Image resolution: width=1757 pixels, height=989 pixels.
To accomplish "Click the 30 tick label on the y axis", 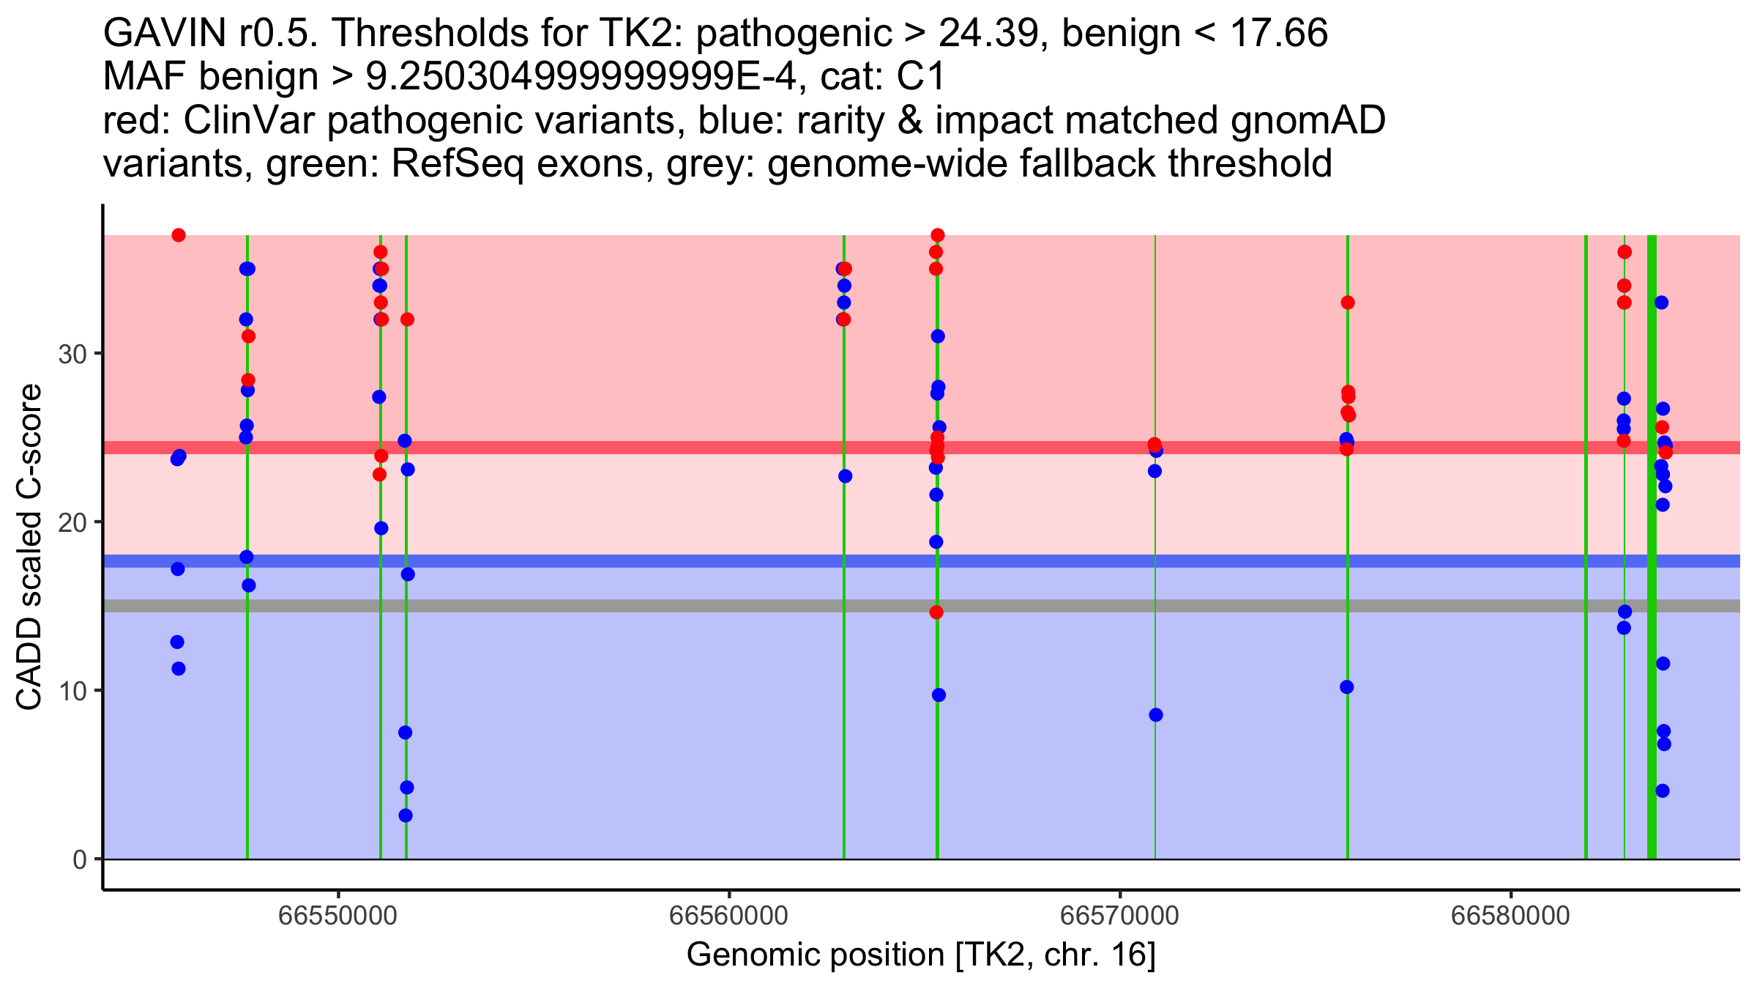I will (x=72, y=355).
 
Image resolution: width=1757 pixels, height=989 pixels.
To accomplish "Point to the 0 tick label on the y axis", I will (x=79, y=859).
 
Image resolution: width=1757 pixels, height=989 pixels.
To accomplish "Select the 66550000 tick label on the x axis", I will (x=339, y=916).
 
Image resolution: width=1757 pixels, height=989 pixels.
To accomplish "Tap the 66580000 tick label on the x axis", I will (x=1510, y=916).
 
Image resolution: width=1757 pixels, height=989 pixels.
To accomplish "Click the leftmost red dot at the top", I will (x=179, y=235).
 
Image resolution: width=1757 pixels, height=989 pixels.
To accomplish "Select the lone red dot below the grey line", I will (x=936, y=612).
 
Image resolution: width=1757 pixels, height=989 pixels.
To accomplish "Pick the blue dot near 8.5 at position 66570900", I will (x=1156, y=715).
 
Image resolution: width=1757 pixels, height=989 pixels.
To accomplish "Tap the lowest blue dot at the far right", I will (x=1663, y=790).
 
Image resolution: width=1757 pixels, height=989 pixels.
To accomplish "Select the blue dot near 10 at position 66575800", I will (x=1347, y=687).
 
